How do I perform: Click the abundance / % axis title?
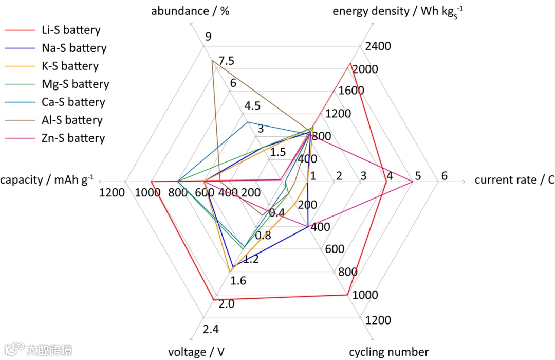click(190, 11)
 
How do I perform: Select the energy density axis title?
click(398, 11)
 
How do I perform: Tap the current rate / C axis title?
click(514, 180)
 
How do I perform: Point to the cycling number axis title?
click(388, 352)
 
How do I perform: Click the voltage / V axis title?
click(196, 352)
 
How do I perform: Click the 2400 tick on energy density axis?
click(378, 46)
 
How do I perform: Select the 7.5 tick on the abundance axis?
click(226, 61)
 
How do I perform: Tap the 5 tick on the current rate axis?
click(418, 176)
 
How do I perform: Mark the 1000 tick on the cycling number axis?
click(366, 295)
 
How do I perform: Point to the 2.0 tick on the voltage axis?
click(227, 304)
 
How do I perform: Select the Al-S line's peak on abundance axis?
click(212, 61)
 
